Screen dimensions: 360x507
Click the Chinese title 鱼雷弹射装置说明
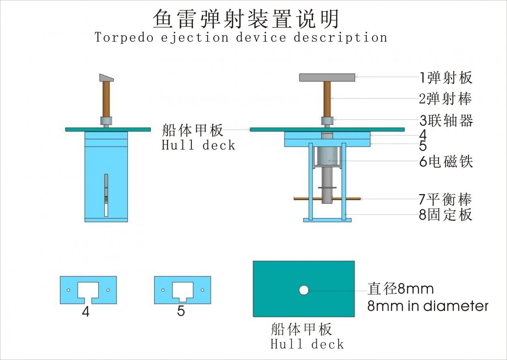(x=246, y=19)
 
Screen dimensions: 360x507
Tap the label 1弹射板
(x=446, y=77)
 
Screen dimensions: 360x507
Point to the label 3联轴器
(x=446, y=121)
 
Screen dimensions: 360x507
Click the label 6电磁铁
(x=446, y=162)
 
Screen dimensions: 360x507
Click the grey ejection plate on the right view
(x=327, y=77)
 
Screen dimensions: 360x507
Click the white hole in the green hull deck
(x=303, y=290)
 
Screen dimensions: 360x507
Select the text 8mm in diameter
(x=428, y=306)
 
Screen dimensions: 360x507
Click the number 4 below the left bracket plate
(x=86, y=312)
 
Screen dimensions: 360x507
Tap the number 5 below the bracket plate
(x=181, y=311)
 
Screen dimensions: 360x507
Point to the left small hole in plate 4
(x=69, y=290)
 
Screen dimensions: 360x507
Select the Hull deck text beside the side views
(x=198, y=145)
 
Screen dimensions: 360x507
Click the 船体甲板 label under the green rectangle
(x=301, y=329)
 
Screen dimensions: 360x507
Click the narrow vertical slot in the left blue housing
(x=106, y=195)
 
